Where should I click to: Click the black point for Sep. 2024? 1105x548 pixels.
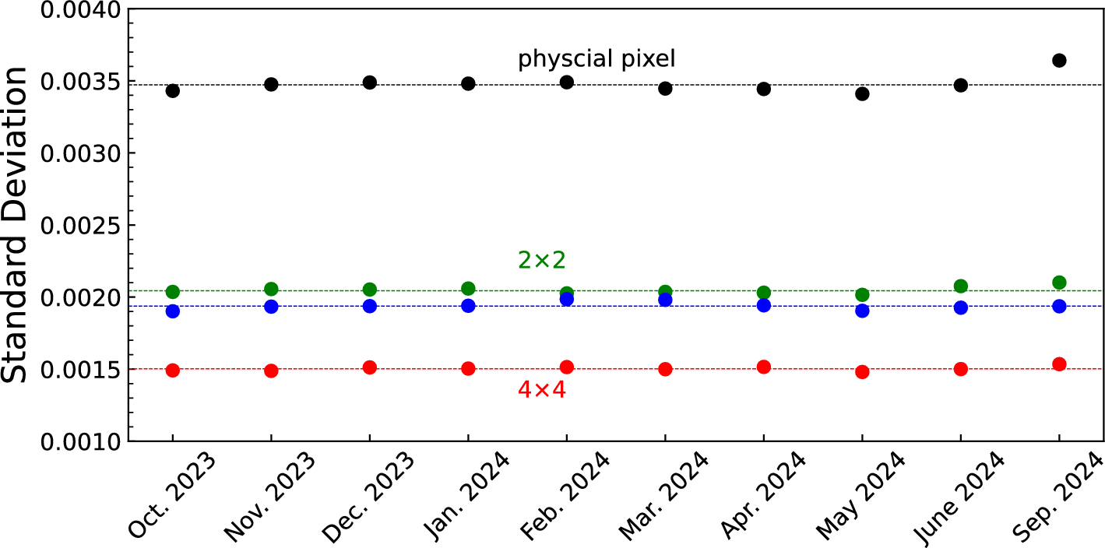pos(1059,60)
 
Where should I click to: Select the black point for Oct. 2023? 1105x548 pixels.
pos(173,90)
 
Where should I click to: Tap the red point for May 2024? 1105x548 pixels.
pos(862,372)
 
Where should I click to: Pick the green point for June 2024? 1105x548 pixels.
pos(961,286)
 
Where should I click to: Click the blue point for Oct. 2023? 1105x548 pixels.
pos(173,311)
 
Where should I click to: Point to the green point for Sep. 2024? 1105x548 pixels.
pos(1059,282)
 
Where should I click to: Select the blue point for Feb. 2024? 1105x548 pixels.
pos(567,299)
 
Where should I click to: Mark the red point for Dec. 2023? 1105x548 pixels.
pos(370,367)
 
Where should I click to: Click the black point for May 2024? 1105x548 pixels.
pos(862,93)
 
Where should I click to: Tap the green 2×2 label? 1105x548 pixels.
pos(542,261)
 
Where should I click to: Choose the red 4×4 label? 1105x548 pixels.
pos(542,390)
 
